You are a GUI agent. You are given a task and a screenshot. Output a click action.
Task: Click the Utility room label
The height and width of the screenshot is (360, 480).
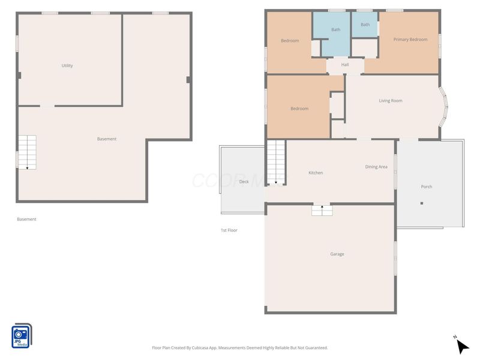tap(67, 65)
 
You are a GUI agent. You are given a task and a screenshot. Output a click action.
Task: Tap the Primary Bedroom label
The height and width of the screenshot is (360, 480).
tap(410, 40)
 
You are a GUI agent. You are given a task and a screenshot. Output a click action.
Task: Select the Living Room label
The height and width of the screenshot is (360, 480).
tap(391, 101)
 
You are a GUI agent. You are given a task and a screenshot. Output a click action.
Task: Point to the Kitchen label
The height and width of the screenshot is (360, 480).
tap(316, 173)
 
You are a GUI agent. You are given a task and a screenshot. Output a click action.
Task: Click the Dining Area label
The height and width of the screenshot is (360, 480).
tap(376, 167)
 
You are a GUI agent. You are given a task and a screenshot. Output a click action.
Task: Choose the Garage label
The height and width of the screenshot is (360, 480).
tap(337, 254)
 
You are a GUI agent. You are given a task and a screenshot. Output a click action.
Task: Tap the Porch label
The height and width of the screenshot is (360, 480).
tap(427, 187)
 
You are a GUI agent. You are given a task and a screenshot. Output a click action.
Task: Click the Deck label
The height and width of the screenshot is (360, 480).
tap(244, 182)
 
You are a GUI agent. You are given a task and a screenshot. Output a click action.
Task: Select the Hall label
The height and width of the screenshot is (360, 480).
tap(345, 65)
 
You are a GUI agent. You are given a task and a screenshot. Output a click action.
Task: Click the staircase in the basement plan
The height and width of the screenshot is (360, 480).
tap(27, 152)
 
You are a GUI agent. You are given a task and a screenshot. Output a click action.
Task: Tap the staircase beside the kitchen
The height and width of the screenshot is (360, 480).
tap(276, 162)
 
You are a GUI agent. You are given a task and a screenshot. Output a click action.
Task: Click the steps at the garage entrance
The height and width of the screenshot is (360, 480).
tap(322, 211)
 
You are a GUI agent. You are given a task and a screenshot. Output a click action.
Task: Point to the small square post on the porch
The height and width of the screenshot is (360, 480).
tap(422, 203)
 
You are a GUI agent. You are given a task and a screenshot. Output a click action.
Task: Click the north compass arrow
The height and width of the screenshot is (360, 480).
tap(463, 346)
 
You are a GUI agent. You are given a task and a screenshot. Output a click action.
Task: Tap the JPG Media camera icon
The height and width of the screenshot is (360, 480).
tap(22, 336)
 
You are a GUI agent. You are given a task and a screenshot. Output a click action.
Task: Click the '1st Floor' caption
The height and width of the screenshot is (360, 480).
tap(229, 230)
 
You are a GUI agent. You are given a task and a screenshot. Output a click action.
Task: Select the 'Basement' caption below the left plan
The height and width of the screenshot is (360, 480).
tap(26, 219)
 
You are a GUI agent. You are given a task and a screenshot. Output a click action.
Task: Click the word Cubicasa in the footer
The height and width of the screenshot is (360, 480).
tap(201, 348)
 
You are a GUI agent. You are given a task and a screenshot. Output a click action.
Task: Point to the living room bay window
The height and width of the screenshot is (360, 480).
tap(443, 107)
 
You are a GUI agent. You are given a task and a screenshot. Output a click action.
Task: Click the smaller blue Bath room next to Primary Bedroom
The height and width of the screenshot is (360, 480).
tap(364, 25)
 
